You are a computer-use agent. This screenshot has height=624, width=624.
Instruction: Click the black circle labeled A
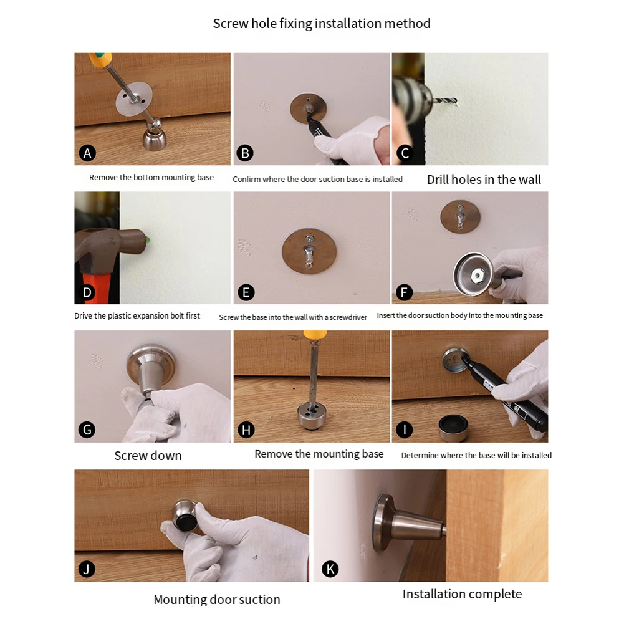87,153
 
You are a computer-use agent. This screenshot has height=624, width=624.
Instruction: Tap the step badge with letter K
330,569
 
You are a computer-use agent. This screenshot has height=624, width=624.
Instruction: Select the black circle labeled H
246,430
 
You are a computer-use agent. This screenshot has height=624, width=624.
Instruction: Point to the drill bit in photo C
444,102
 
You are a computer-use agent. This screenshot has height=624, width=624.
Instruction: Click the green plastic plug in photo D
147,240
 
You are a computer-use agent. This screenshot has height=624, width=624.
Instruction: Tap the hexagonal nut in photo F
477,275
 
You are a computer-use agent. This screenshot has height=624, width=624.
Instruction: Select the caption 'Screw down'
148,456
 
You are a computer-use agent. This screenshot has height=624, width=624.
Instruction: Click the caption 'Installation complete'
462,594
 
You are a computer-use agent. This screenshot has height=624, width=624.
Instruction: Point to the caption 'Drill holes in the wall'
484,180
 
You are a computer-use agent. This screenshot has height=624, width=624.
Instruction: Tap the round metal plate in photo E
309,251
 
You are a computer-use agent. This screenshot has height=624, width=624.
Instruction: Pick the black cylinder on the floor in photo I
453,428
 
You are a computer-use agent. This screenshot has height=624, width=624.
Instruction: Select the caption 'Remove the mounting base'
319,454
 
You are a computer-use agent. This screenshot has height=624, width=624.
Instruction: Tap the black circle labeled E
246,292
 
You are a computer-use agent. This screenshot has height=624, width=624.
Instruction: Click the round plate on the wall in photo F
460,216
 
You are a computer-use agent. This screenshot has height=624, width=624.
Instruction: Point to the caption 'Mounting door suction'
217,599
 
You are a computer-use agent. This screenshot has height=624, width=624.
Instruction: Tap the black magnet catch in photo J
186,522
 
